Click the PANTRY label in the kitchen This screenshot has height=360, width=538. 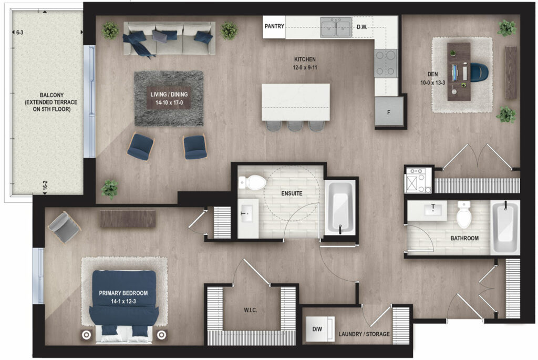click(274, 26)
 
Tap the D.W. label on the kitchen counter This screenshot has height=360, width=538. click(361, 27)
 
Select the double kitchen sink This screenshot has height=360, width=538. click(336, 27)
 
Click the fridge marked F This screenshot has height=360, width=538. click(389, 111)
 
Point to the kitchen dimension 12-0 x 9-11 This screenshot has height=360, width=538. click(305, 68)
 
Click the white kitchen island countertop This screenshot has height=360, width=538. click(295, 102)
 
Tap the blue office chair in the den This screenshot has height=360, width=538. click(479, 72)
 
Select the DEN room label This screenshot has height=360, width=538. click(433, 74)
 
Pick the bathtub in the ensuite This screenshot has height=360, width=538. click(340, 208)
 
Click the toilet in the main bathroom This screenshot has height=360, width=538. click(464, 215)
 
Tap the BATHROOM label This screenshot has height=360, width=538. click(464, 238)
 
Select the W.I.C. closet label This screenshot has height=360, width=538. click(251, 310)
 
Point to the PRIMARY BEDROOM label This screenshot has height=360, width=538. click(123, 293)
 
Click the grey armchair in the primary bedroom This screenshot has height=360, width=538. click(64, 227)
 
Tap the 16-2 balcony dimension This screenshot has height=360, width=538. click(45, 186)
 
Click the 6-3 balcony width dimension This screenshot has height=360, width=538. click(19, 33)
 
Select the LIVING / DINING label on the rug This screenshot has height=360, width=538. click(169, 95)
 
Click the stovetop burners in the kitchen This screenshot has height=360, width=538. click(386, 63)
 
